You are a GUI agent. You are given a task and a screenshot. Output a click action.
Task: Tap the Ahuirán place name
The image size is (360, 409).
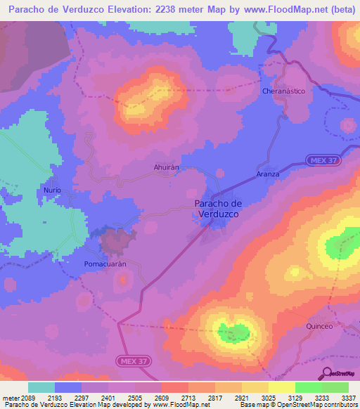[x=167, y=167]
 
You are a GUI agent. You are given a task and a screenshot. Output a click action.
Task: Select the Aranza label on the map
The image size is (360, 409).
[x=267, y=174]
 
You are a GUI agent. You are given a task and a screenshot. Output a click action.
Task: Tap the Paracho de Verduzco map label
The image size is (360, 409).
[x=217, y=208]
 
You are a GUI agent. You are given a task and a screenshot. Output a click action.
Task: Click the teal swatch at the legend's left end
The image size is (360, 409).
[x=41, y=387]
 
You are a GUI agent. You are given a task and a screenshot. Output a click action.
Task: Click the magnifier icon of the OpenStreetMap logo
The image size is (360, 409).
[x=327, y=373]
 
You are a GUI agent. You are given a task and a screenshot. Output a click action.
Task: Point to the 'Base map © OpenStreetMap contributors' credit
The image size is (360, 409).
[x=298, y=405]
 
